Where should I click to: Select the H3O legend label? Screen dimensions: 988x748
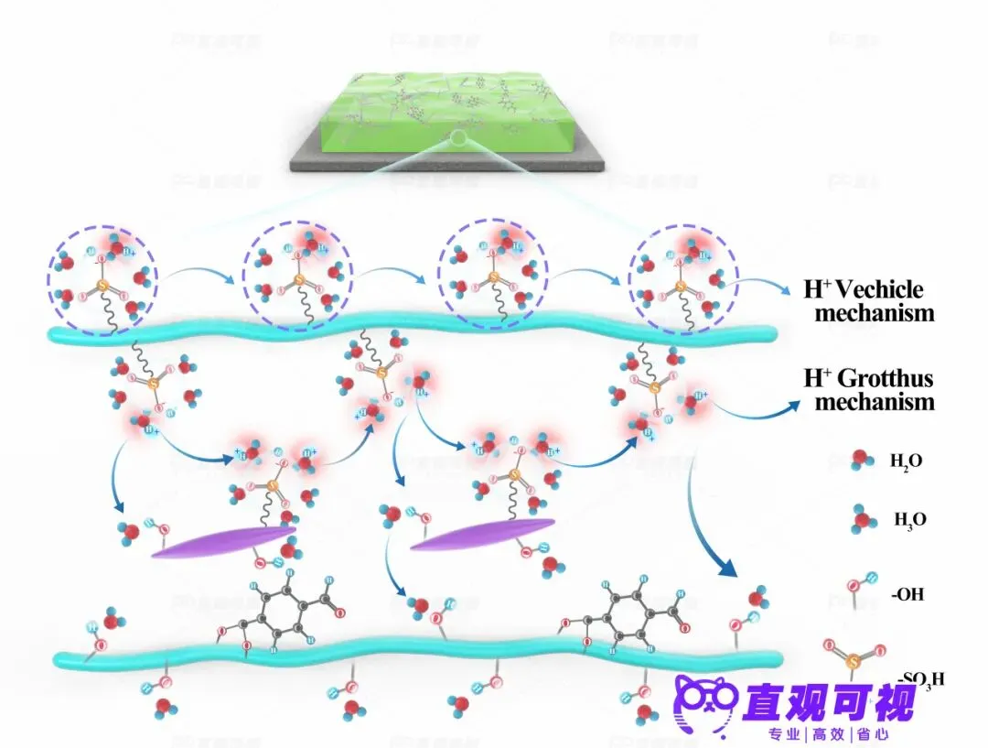pyautogui.click(x=910, y=520)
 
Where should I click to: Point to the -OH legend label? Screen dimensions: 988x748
pyautogui.click(x=907, y=594)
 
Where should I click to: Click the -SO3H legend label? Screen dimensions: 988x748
pyautogui.click(x=919, y=678)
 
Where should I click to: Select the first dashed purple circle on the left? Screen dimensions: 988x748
pyautogui.click(x=102, y=272)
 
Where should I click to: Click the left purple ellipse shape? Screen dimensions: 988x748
pyautogui.click(x=223, y=541)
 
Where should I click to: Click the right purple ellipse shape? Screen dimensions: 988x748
pyautogui.click(x=482, y=536)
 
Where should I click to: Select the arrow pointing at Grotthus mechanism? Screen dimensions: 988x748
pyautogui.click(x=759, y=411)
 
